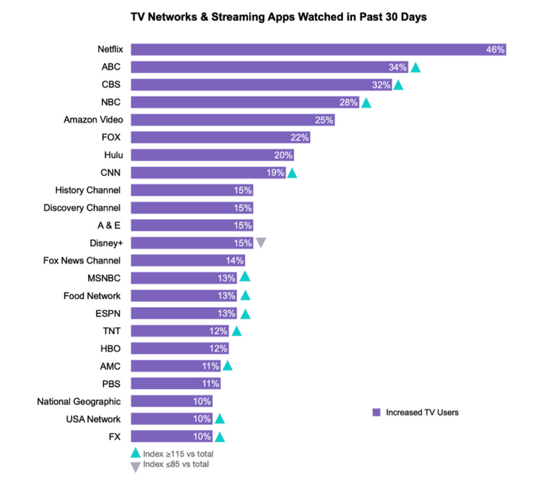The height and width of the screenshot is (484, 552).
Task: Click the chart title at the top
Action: pos(278,17)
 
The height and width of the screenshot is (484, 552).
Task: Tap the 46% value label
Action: pos(495,50)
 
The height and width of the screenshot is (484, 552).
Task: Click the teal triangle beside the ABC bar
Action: pos(415,68)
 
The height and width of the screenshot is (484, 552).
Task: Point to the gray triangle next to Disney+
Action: pos(261,242)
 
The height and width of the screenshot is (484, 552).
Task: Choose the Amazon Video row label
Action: pos(93,120)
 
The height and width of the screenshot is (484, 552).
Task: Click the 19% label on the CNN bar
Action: pos(275,172)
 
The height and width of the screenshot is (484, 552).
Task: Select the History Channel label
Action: pos(88,190)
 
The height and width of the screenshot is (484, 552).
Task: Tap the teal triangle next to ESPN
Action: pos(244,313)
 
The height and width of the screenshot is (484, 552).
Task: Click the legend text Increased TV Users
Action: pos(421,412)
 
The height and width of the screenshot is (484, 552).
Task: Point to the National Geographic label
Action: pos(79,401)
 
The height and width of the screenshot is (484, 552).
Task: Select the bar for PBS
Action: pos(174,383)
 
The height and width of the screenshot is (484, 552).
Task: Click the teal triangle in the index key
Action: pos(135,453)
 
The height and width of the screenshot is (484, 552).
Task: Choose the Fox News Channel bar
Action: pos(187,260)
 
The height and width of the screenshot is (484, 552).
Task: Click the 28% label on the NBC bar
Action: pos(350,102)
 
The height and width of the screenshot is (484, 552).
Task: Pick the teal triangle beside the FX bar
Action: pos(220,437)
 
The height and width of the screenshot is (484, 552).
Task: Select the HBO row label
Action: pos(110,349)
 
